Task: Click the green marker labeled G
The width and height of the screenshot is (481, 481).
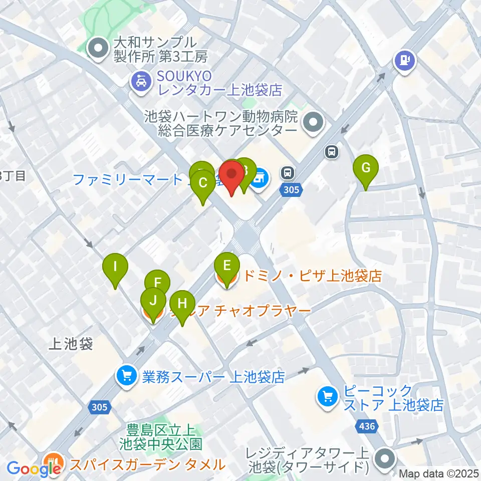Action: point(366,168)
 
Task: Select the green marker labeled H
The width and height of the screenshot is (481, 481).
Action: point(182,304)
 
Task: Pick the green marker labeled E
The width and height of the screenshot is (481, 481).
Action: point(226,265)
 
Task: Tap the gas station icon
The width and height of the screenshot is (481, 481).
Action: point(404,61)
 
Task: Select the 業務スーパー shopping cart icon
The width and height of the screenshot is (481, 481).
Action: point(126,376)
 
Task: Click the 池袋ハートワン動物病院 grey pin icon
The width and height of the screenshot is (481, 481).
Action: point(314,122)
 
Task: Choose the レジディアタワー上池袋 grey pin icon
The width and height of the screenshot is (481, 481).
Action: point(386,459)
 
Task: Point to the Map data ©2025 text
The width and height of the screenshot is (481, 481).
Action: point(439,473)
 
